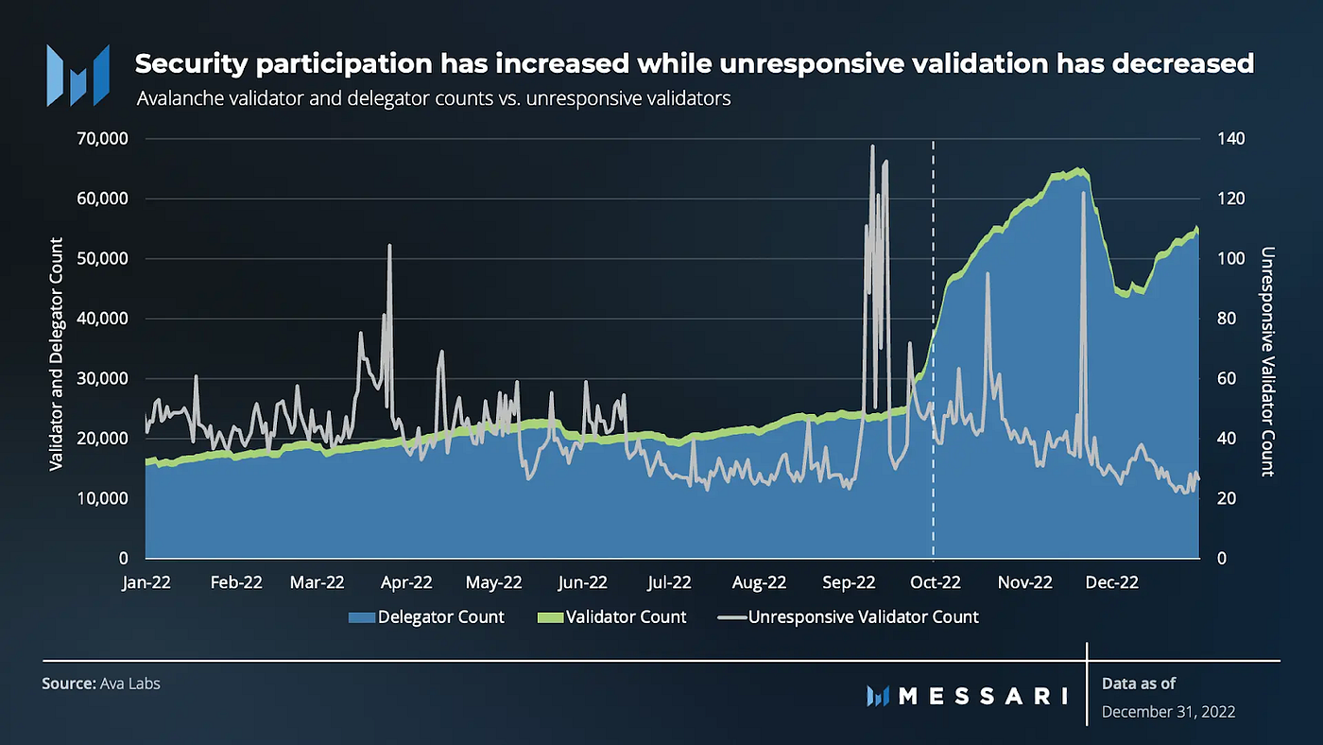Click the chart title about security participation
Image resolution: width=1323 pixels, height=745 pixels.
pyautogui.click(x=695, y=64)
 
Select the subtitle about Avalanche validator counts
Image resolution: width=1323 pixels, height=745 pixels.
pyautogui.click(x=434, y=98)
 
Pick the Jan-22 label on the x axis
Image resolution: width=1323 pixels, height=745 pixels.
pyautogui.click(x=146, y=582)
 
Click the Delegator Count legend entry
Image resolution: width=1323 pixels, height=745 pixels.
pyautogui.click(x=427, y=617)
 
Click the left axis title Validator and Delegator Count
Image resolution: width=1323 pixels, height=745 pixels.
pyautogui.click(x=56, y=354)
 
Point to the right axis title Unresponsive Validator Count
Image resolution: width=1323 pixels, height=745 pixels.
pyautogui.click(x=1267, y=362)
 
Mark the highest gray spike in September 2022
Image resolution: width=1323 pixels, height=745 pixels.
pyautogui.click(x=872, y=146)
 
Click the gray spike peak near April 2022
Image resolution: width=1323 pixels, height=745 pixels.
pyautogui.click(x=389, y=245)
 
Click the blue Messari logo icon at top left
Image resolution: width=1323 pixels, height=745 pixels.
pyautogui.click(x=78, y=75)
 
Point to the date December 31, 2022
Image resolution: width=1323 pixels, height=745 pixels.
pyautogui.click(x=1168, y=712)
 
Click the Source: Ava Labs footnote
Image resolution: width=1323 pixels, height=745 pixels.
pyautogui.click(x=101, y=683)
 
